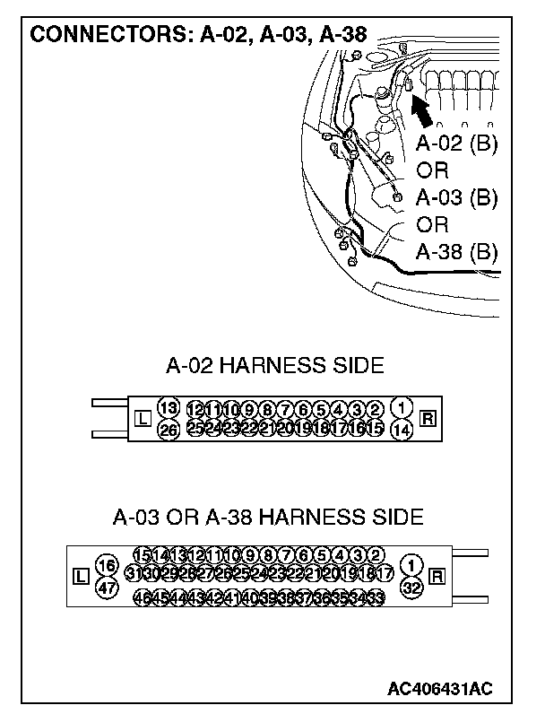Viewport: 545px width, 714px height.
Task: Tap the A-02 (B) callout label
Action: [x=456, y=144]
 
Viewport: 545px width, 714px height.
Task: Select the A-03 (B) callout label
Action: [x=456, y=198]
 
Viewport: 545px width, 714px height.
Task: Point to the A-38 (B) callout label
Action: [x=456, y=252]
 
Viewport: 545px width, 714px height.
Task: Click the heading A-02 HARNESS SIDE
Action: [x=274, y=365]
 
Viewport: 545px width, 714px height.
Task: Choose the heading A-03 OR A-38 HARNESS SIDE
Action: [x=268, y=518]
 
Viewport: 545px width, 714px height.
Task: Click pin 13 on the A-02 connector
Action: [x=168, y=408]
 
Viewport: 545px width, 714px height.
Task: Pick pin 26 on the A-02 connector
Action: [x=168, y=430]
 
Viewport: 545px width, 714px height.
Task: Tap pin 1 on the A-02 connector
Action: [x=403, y=408]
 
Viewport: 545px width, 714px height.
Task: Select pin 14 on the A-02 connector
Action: [x=403, y=430]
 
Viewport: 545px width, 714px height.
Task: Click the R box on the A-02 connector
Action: [x=428, y=418]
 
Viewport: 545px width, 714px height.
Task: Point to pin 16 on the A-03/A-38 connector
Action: [x=107, y=565]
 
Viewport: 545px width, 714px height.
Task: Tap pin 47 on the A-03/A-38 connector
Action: [x=107, y=588]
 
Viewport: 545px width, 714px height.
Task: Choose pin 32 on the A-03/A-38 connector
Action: [x=412, y=588]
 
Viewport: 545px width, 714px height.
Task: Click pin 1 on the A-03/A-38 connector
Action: [x=412, y=565]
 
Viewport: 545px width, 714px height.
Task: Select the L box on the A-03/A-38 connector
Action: [x=80, y=576]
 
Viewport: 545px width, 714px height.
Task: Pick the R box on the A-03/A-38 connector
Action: [x=438, y=576]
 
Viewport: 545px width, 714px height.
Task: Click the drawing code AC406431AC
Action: [x=440, y=689]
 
